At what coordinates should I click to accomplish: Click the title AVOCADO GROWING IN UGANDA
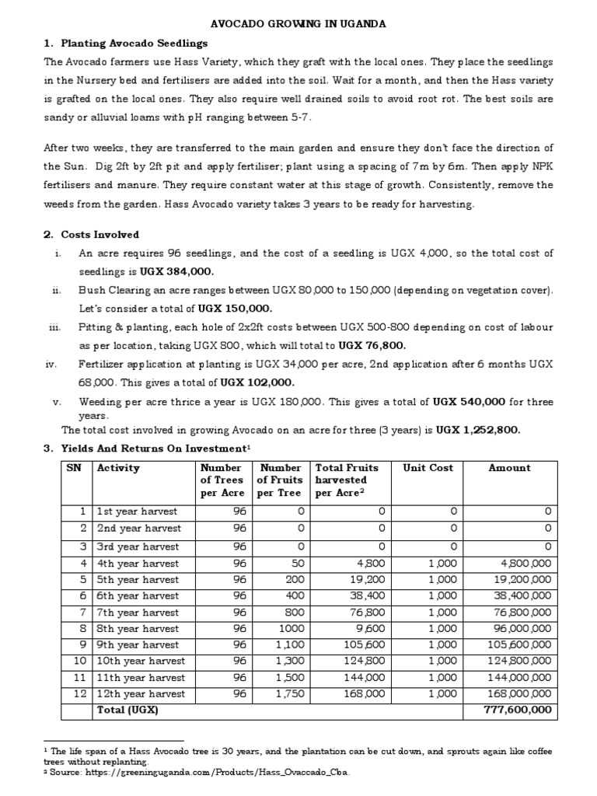point(298,24)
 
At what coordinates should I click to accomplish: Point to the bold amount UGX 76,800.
point(373,345)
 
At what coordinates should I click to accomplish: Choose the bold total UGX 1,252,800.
point(477,430)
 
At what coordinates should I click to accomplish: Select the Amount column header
point(509,468)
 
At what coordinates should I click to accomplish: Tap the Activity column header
point(118,468)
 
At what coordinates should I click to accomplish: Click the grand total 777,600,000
point(518,710)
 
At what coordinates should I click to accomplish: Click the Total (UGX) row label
point(127,710)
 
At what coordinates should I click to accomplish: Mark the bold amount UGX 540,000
point(469,402)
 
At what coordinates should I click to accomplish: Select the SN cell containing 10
point(78,661)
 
